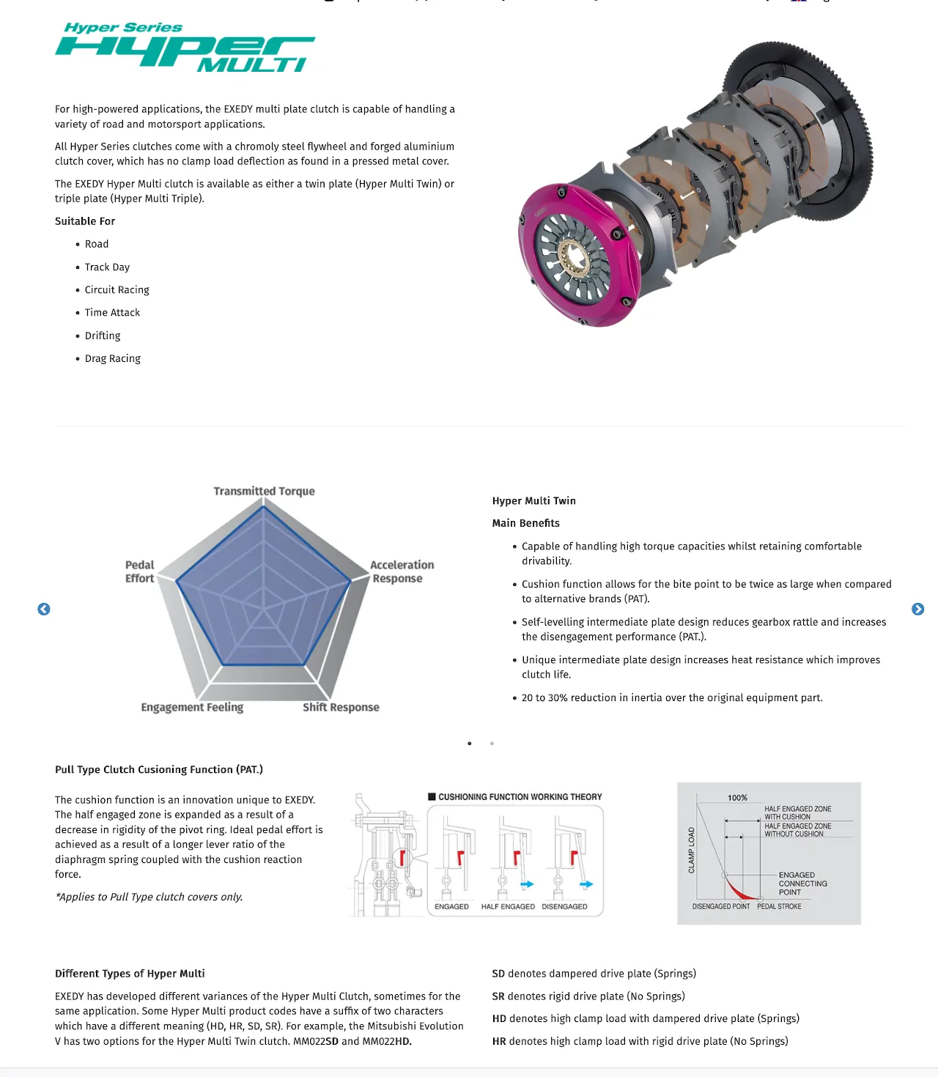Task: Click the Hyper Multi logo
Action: pos(185,48)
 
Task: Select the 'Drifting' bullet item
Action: pos(103,336)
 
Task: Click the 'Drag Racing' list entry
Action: pos(113,358)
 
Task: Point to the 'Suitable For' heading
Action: pos(85,221)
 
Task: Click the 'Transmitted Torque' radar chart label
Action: pos(264,491)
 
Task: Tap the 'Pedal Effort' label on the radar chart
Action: pos(139,571)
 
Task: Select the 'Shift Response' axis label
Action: pos(341,707)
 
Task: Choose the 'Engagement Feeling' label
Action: pos(192,707)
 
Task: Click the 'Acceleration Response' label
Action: pos(401,571)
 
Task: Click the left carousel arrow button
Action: pos(44,610)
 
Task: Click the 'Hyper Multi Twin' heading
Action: pos(534,501)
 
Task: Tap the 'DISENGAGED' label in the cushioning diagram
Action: pos(564,907)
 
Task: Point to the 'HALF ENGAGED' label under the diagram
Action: pos(508,907)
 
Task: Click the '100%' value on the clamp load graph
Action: pos(737,798)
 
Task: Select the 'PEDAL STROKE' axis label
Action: pos(779,907)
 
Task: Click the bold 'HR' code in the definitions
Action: pos(499,1041)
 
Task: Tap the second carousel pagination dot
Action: pos(492,744)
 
